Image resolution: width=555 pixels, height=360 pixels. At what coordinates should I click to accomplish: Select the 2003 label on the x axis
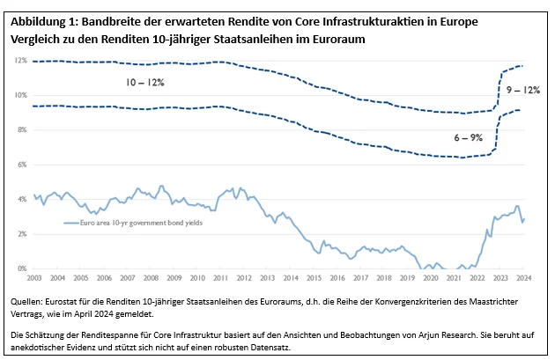pyautogui.click(x=35, y=278)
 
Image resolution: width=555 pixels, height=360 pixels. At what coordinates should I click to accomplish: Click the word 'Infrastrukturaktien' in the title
pyautogui.click(x=362, y=21)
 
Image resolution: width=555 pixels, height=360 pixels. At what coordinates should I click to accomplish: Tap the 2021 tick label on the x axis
pyautogui.click(x=455, y=278)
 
